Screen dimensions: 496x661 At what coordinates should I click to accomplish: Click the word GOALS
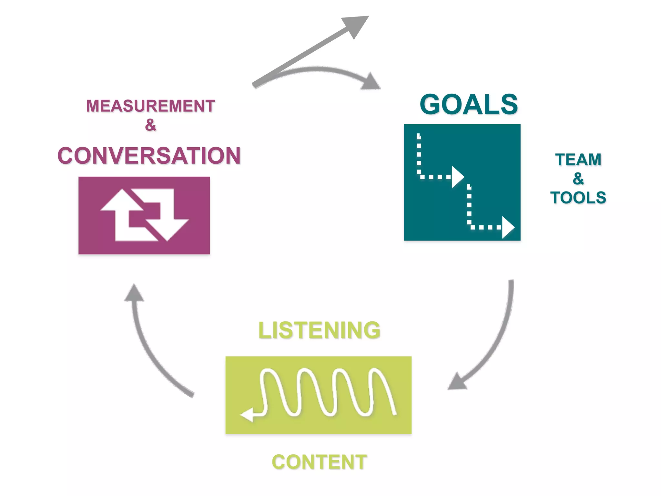tap(469, 105)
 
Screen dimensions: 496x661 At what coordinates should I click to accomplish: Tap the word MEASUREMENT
tap(150, 106)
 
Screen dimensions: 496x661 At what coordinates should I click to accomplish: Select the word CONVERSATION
tap(149, 156)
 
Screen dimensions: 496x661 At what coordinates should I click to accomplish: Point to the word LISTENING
tap(319, 330)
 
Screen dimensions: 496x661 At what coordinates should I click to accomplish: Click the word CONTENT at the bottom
tap(319, 462)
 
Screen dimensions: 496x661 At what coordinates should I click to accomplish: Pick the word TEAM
tap(578, 160)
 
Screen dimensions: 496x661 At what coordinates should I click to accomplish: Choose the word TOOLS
tap(578, 198)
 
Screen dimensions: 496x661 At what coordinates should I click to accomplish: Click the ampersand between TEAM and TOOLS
tap(578, 179)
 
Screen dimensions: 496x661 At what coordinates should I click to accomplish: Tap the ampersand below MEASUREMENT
tap(150, 125)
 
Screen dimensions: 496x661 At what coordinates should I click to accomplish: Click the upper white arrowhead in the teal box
tap(457, 177)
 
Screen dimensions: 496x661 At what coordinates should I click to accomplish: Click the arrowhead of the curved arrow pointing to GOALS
tap(371, 82)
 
